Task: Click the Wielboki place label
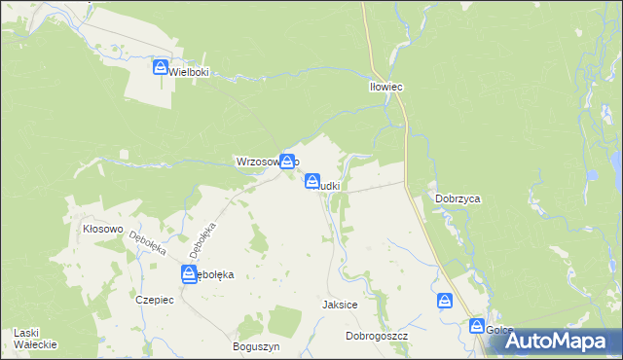click(190, 72)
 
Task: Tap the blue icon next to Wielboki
click(162, 67)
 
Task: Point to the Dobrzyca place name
click(458, 198)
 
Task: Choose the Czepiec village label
click(155, 300)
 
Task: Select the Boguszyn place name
click(257, 346)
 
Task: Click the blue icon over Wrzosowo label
click(287, 162)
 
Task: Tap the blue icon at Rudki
click(312, 181)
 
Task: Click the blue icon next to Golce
click(478, 326)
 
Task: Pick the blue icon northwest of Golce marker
click(446, 301)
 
